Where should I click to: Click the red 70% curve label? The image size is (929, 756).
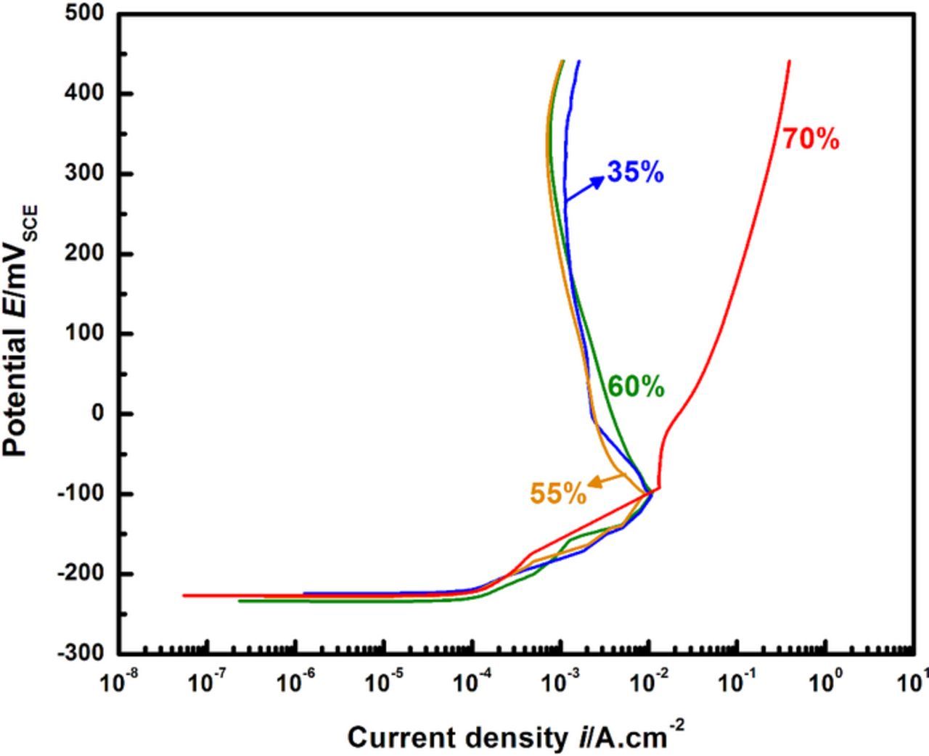point(811,139)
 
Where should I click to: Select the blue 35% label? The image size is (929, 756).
point(636,173)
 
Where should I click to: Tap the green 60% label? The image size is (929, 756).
point(636,387)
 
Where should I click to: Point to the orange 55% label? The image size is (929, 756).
point(557,494)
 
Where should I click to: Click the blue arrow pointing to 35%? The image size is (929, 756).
point(585,189)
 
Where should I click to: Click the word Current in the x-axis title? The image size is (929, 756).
point(393,739)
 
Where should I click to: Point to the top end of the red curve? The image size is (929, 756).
point(789,62)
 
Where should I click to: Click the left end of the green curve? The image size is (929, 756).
point(240,601)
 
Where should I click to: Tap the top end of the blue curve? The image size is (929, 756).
point(578,62)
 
